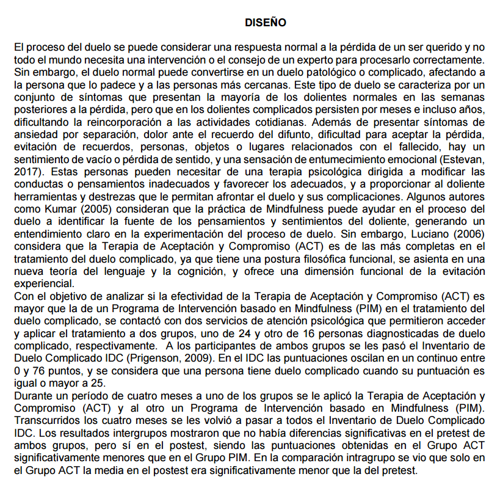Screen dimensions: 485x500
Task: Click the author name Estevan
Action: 466,161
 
